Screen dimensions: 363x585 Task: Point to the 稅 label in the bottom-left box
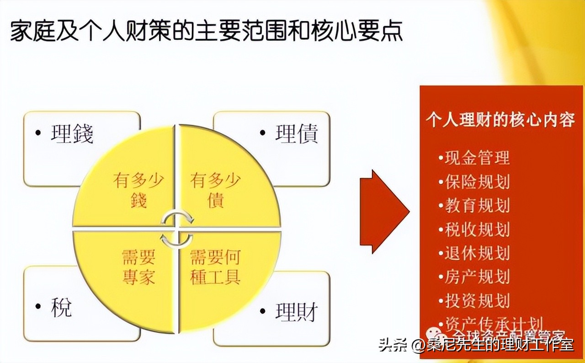click(x=61, y=307)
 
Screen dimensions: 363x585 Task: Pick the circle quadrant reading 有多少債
click(x=215, y=190)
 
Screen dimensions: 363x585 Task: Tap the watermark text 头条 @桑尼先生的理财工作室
click(x=476, y=345)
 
